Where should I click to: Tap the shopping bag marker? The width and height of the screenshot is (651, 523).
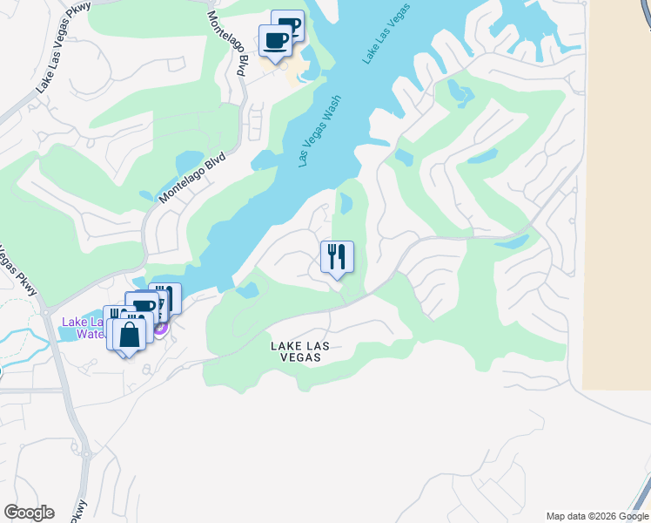129,335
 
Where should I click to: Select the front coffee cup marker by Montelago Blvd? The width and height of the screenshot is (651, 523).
276,40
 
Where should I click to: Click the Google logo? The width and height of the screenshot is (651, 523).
29,513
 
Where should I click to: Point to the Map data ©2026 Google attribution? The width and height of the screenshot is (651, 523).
597,516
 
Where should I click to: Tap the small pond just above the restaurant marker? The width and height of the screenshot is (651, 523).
346,204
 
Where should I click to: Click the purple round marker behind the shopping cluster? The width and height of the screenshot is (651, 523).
160,328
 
